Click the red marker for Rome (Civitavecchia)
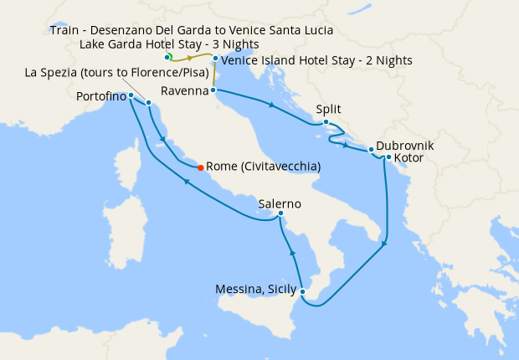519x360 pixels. [199, 167]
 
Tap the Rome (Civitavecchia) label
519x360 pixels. [263, 167]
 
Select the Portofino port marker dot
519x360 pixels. [131, 95]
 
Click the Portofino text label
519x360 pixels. [100, 97]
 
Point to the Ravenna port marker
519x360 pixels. [213, 90]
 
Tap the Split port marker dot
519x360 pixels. [326, 123]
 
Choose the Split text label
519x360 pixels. [328, 109]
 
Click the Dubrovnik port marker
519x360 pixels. [371, 151]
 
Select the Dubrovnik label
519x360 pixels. [405, 145]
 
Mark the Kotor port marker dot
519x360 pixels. [388, 157]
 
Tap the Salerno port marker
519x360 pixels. [281, 216]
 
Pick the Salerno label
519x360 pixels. [280, 203]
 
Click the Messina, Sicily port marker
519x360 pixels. [302, 291]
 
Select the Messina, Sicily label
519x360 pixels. [254, 290]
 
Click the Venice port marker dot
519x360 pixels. [215, 59]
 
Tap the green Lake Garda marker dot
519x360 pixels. [167, 56]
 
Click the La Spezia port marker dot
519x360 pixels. [148, 103]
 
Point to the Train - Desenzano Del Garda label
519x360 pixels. [191, 30]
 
